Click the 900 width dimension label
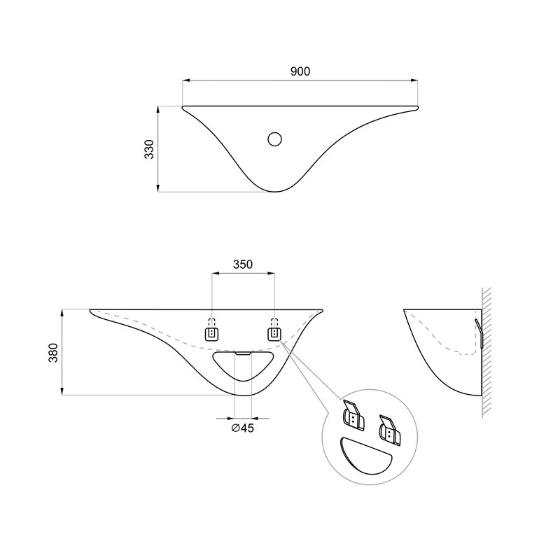point(300,71)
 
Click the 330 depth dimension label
point(149,149)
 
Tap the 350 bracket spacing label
point(243,265)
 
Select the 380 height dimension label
point(53,353)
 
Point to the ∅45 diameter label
point(242,428)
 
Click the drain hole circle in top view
point(274,139)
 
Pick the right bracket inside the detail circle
point(390,430)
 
